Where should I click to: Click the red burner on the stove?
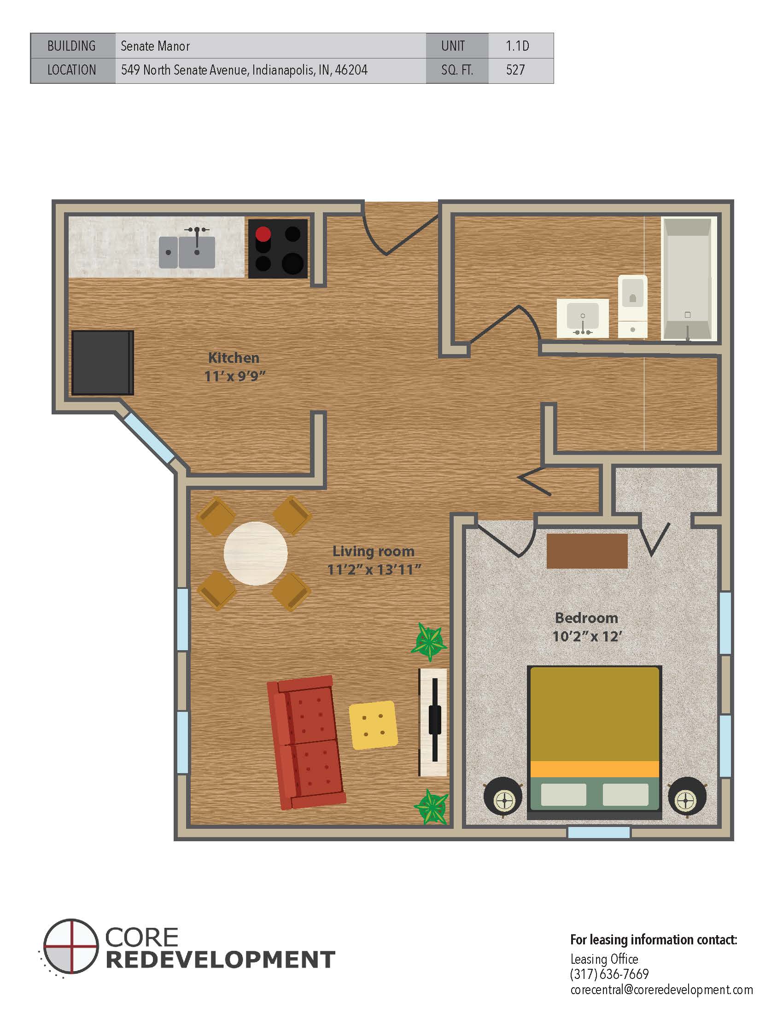(x=263, y=234)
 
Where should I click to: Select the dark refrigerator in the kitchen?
(x=103, y=362)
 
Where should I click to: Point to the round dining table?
(x=256, y=553)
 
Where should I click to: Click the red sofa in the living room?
(x=307, y=743)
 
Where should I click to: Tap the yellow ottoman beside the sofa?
(x=374, y=725)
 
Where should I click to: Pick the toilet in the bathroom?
(x=633, y=306)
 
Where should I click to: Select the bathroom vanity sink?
(x=583, y=318)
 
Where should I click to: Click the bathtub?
(x=688, y=279)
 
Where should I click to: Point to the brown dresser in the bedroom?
(x=587, y=551)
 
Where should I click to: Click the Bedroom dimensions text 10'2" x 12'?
(x=587, y=636)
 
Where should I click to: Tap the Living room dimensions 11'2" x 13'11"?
(x=374, y=569)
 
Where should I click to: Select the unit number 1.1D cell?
(x=521, y=46)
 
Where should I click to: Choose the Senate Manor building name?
(x=155, y=46)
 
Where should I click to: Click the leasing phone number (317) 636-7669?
(x=609, y=973)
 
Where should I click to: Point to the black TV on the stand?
(x=435, y=719)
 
